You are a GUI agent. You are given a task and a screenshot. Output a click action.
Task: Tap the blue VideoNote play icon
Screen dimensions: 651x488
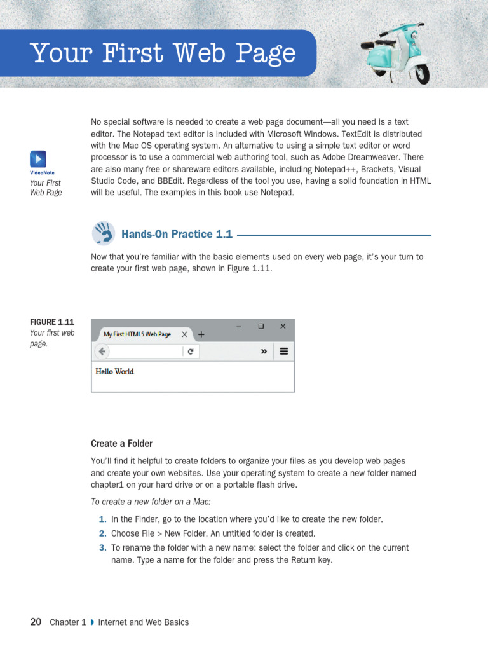click(x=37, y=159)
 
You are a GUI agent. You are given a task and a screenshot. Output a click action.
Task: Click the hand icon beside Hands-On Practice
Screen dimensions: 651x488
click(x=103, y=233)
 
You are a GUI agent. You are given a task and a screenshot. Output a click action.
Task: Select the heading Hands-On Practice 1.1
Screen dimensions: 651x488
click(x=177, y=235)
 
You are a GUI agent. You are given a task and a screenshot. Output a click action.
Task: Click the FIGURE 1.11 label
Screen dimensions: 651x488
click(x=52, y=322)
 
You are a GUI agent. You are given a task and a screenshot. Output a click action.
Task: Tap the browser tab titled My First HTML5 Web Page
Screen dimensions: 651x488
click(x=137, y=334)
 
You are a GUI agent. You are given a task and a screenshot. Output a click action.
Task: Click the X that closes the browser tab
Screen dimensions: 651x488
click(x=184, y=334)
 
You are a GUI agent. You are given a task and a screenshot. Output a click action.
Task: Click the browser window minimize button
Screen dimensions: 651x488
click(x=239, y=325)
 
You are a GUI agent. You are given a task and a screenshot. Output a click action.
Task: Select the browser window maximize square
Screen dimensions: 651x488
click(x=261, y=325)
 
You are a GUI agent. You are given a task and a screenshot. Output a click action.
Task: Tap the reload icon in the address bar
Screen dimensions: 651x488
click(x=190, y=352)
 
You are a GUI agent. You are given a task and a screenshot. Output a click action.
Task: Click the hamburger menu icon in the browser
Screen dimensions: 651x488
click(x=284, y=352)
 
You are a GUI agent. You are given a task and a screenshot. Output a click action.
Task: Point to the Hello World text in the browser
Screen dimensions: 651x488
click(x=114, y=371)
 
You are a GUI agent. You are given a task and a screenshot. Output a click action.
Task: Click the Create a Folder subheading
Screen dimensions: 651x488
click(x=121, y=444)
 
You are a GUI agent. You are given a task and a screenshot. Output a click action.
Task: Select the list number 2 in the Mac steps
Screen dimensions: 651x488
click(x=102, y=534)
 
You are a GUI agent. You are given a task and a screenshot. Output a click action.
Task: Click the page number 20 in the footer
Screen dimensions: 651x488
click(x=36, y=622)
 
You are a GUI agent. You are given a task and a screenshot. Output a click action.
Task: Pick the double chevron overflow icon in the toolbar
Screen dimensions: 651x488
click(x=264, y=352)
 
